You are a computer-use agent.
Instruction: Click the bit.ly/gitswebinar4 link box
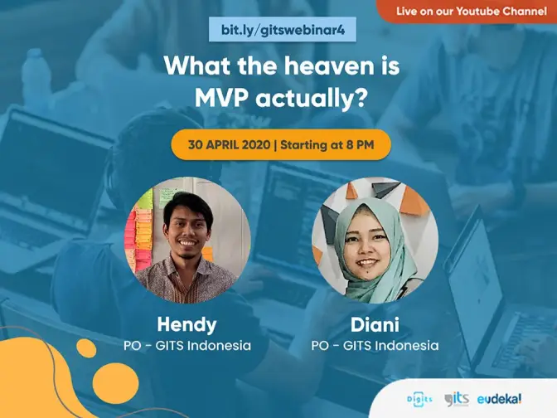(x=283, y=30)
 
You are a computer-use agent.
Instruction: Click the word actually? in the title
(x=311, y=98)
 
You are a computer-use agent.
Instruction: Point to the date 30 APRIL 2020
(x=229, y=145)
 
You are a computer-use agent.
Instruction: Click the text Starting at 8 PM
(x=327, y=145)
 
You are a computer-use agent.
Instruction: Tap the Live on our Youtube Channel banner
(x=467, y=12)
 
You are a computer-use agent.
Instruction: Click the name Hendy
(x=186, y=325)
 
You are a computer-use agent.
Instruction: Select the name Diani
(x=375, y=325)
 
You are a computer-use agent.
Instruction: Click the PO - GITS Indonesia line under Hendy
(x=187, y=346)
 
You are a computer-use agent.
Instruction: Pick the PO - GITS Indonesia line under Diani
(x=375, y=346)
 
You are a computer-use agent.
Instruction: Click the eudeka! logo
(x=499, y=399)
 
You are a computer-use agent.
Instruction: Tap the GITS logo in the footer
(x=457, y=399)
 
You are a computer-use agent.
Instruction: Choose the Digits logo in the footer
(x=419, y=399)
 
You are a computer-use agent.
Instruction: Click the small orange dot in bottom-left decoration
(x=86, y=348)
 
